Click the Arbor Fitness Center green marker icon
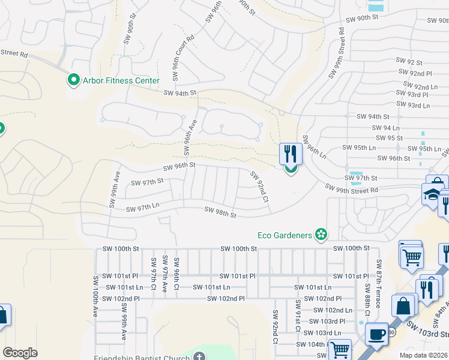pos(74,80)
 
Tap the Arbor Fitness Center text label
pos(121,80)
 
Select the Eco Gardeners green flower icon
pos(322,235)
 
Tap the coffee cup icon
pos(376,334)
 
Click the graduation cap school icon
pos(431,194)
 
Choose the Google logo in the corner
pos(20,353)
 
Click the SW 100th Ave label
pos(95,296)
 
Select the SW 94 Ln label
pos(385,128)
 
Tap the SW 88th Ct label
pos(366,304)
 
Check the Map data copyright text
pos(424,355)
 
